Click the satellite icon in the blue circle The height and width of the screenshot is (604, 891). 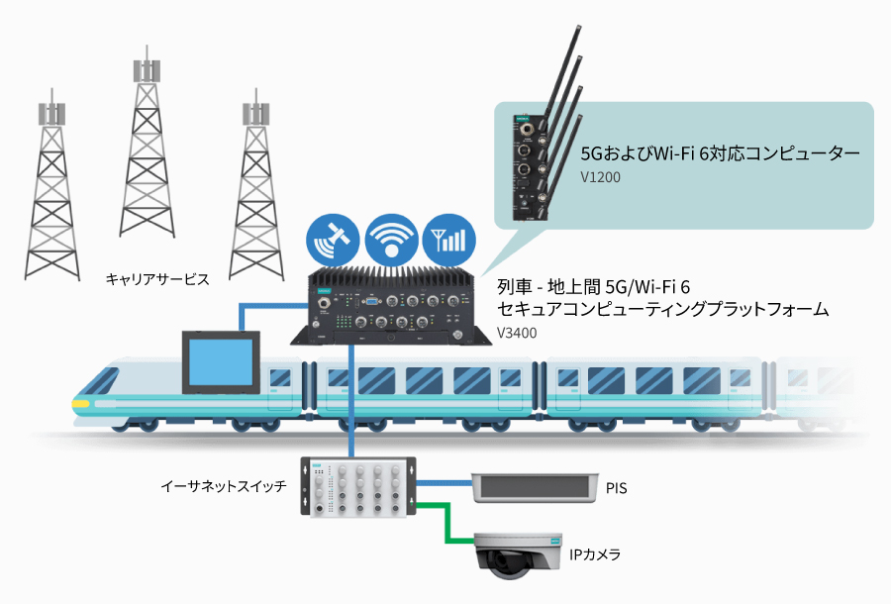[332, 239]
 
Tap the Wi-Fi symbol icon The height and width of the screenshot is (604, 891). [390, 239]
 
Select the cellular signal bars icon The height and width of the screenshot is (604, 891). [448, 239]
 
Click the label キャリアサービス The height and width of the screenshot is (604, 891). [157, 280]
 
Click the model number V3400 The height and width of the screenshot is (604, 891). [517, 334]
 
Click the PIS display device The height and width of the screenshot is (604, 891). [534, 486]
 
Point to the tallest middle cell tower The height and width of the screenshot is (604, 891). [147, 158]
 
